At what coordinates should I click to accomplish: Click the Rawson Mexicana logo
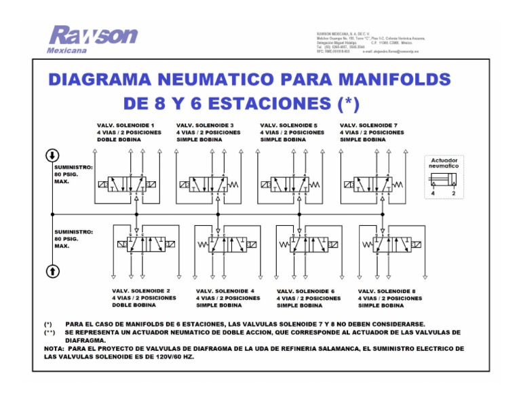click(92, 39)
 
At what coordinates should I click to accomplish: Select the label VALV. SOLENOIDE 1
click(126, 126)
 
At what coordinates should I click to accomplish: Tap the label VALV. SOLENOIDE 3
click(205, 126)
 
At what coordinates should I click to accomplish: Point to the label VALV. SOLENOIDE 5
click(289, 126)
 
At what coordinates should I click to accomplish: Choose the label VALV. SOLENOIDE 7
click(368, 126)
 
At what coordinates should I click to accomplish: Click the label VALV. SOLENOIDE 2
click(141, 290)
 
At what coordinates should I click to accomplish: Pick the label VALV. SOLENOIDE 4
click(225, 290)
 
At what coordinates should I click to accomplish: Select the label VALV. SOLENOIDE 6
click(306, 290)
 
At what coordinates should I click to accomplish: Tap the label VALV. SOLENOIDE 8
click(387, 290)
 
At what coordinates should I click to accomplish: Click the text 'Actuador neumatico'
click(443, 163)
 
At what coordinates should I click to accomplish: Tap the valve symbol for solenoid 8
click(385, 244)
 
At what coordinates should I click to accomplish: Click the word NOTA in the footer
click(54, 349)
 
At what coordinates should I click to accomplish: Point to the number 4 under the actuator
click(433, 193)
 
